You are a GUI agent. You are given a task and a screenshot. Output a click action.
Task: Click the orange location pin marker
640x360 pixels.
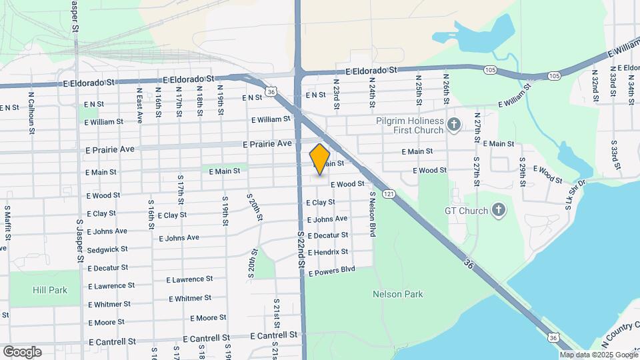320,159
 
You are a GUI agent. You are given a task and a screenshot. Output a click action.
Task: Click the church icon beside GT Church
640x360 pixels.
497,211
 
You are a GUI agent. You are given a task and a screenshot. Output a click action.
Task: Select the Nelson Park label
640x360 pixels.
398,294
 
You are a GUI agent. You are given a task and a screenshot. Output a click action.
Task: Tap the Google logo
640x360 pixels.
22,352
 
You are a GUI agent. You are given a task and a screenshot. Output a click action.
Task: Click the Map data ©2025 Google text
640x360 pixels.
599,355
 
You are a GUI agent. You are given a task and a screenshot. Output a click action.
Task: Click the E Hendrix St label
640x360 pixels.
327,252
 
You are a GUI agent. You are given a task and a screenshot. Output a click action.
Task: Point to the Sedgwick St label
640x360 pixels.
107,249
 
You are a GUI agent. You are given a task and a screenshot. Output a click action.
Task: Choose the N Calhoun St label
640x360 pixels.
31,112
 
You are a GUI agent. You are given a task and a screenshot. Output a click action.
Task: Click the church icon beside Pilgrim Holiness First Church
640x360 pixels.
454,124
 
